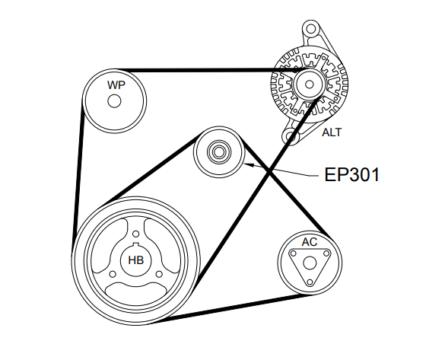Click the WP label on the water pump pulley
(x=116, y=84)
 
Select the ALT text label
(x=332, y=132)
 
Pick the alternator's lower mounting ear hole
(x=289, y=138)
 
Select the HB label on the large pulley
(x=135, y=260)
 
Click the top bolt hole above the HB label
(x=135, y=234)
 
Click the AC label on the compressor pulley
(x=309, y=242)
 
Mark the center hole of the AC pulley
(x=310, y=262)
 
